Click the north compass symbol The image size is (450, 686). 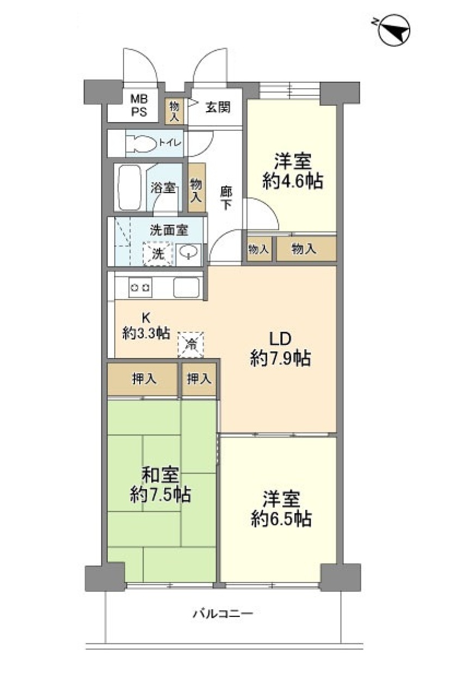[394, 30]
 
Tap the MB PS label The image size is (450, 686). [139, 105]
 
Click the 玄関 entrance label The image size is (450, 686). [218, 107]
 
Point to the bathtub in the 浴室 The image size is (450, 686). [130, 188]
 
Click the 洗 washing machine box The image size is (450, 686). [158, 253]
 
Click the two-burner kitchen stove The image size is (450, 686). [140, 288]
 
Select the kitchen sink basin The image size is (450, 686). [186, 287]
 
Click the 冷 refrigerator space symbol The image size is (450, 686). [191, 345]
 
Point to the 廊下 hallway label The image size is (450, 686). [226, 198]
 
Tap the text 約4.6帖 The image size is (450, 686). [293, 181]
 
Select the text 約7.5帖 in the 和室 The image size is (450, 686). [161, 494]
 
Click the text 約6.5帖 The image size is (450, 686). [281, 519]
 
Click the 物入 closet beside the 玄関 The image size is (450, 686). [174, 111]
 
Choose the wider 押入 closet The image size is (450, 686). [142, 379]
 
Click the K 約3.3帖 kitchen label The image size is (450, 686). [146, 326]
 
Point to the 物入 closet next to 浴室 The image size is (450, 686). [196, 187]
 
